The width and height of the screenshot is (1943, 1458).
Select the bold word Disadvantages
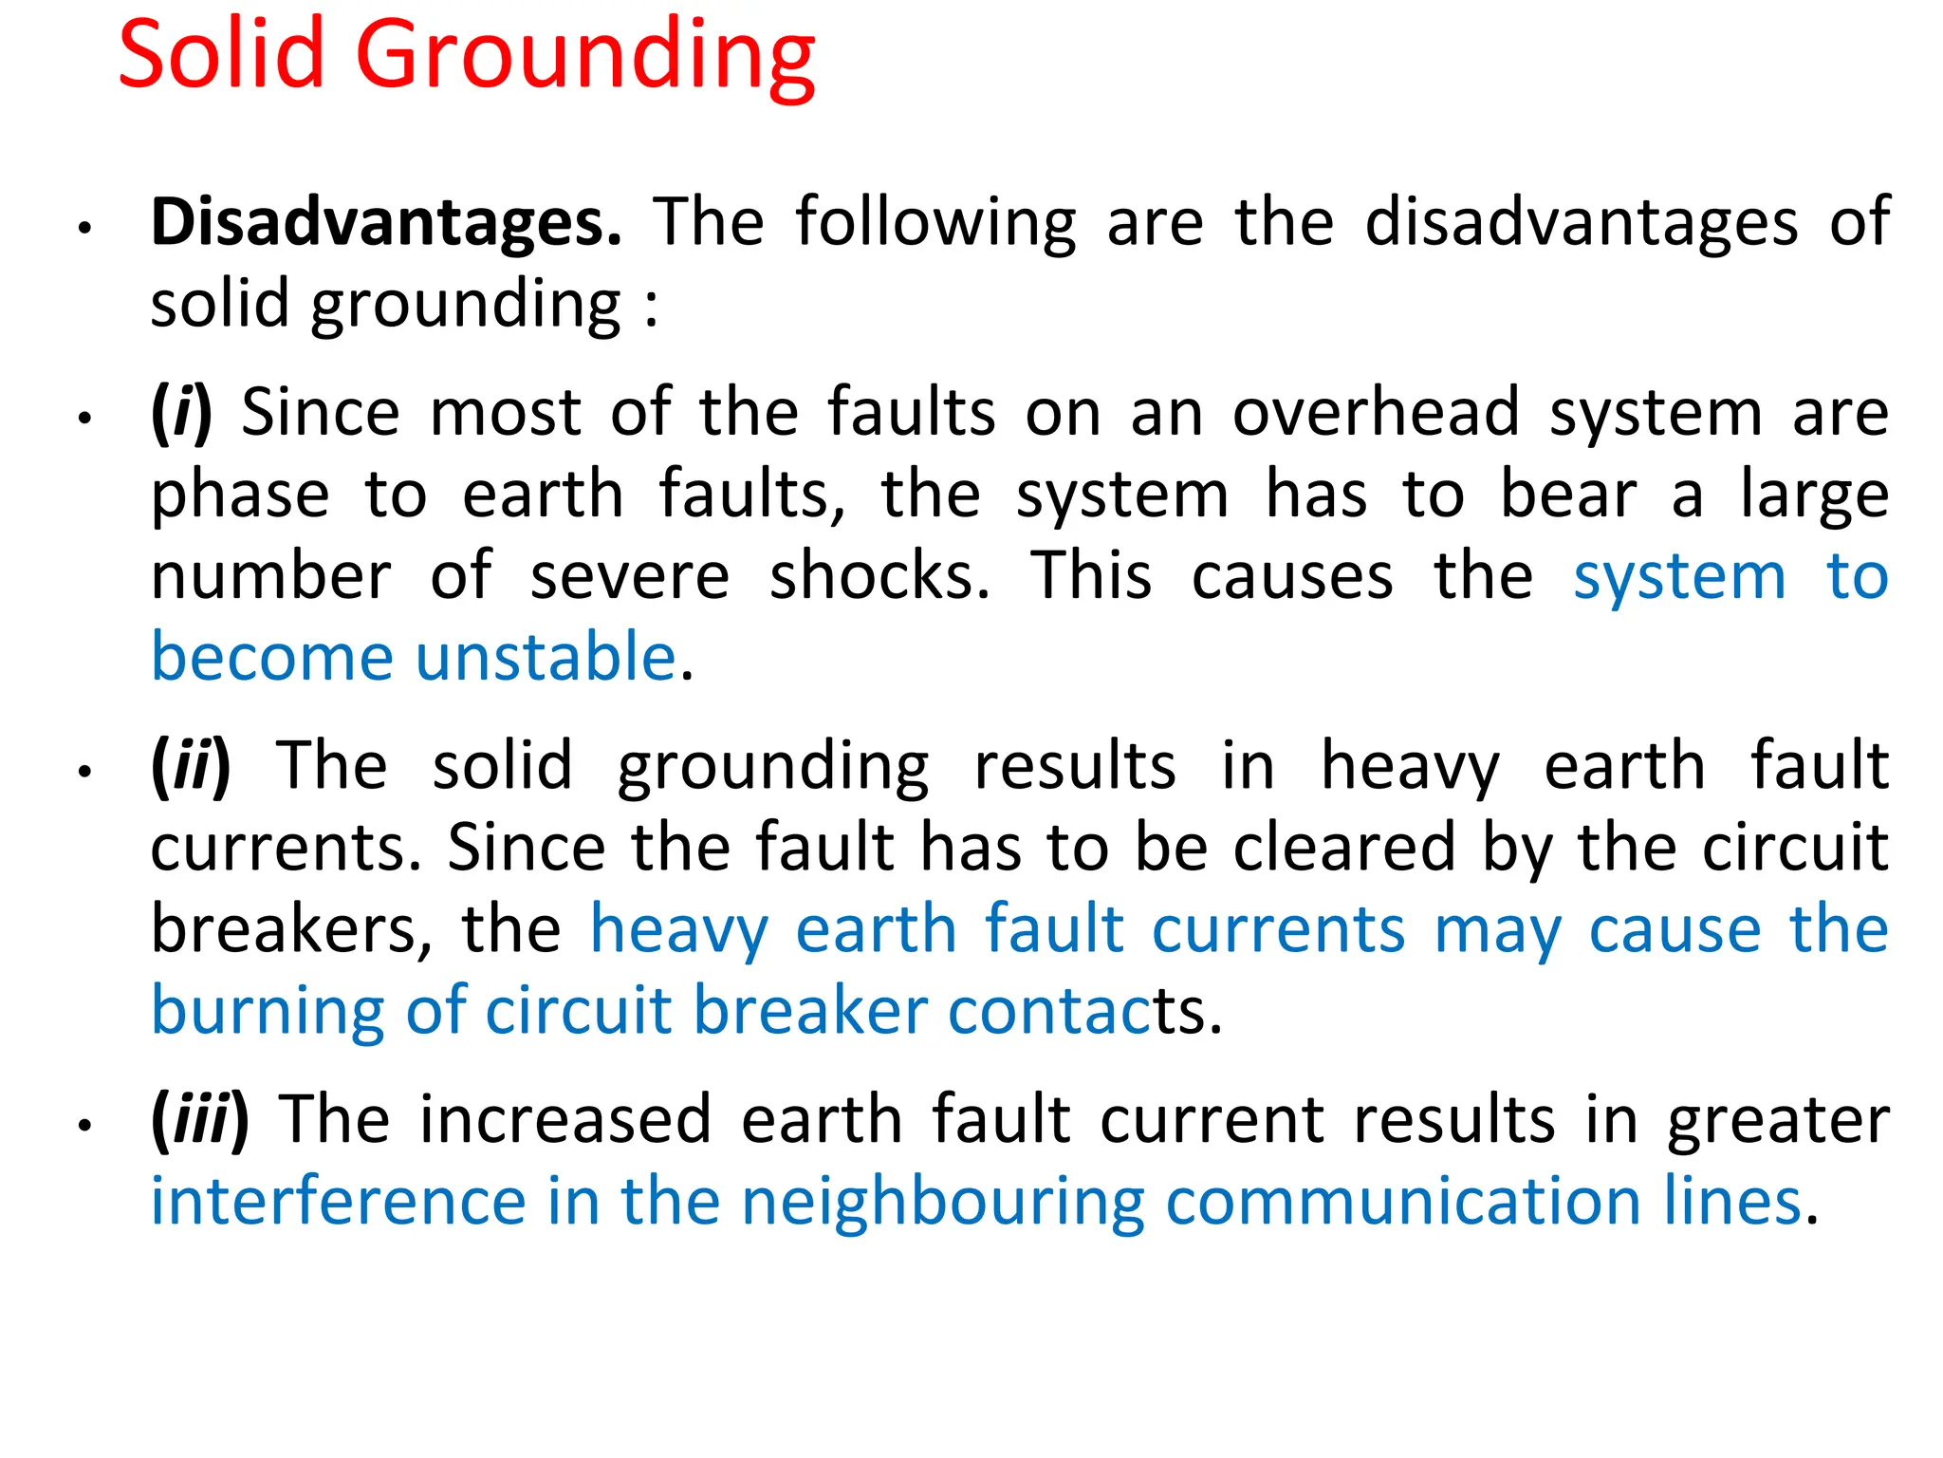[386, 222]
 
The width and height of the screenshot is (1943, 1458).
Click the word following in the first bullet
[935, 224]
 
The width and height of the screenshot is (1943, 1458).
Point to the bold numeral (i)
[181, 414]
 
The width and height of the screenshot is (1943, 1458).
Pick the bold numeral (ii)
[191, 766]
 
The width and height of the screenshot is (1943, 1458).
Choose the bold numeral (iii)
[199, 1120]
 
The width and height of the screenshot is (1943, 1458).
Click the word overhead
[1376, 414]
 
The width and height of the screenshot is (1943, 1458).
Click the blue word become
[272, 657]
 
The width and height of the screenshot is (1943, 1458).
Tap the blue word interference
[338, 1202]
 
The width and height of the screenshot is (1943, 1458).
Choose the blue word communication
[1403, 1202]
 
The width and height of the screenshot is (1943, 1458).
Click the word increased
[565, 1120]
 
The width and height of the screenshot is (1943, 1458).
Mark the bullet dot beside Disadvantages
[84, 229]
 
